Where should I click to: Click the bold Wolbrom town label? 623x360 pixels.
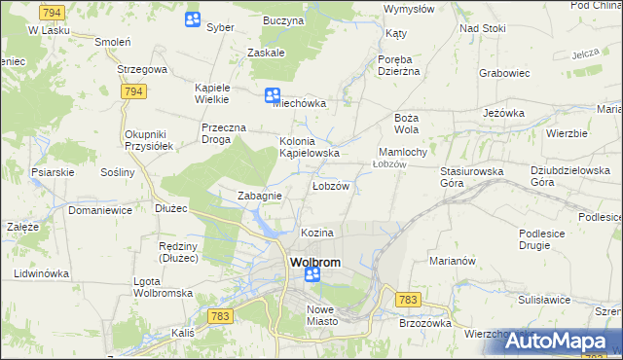[x=312, y=263]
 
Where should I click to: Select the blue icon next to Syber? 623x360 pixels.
[x=193, y=19]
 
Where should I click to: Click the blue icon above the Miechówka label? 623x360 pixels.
[x=273, y=95]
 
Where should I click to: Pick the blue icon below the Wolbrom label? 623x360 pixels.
[x=311, y=276]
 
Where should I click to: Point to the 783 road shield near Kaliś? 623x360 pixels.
[x=219, y=316]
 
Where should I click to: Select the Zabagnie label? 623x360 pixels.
[x=260, y=196]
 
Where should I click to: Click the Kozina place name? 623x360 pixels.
[x=317, y=234]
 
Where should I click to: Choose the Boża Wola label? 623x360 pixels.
[x=406, y=123]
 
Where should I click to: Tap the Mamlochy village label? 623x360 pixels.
[x=402, y=153]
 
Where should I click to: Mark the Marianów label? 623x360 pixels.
[x=452, y=261]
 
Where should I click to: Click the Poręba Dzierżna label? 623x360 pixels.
[x=398, y=63]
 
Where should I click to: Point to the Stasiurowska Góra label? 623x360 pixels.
[x=471, y=176]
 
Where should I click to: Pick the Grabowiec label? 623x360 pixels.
[x=503, y=72]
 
